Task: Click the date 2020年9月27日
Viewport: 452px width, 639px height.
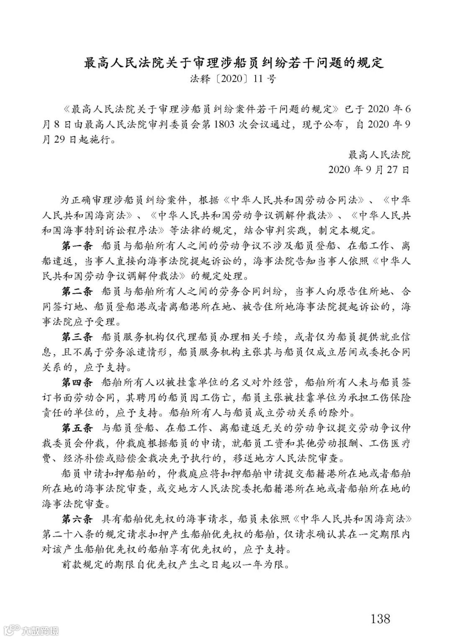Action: point(369,170)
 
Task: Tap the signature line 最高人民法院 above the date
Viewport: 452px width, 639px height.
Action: point(380,155)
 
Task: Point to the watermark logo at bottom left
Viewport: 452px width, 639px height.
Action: point(31,629)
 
